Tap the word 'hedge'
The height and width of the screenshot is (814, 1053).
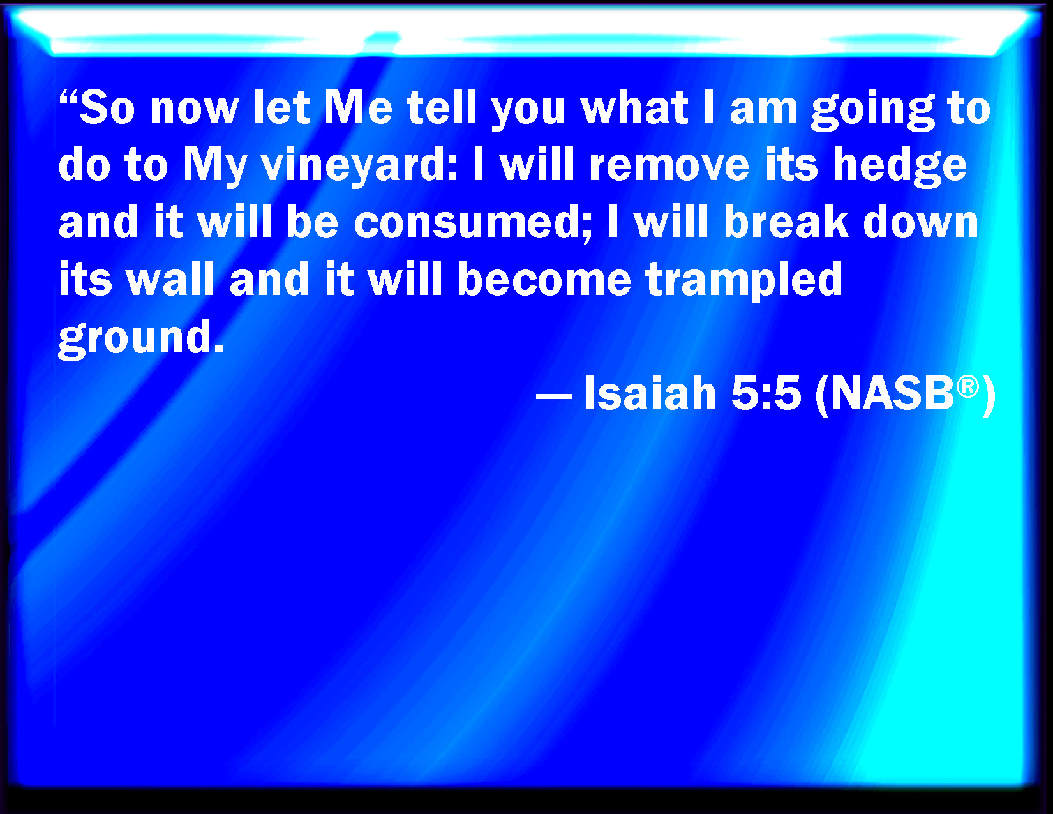[900, 165]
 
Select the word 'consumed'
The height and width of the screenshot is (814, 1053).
[473, 223]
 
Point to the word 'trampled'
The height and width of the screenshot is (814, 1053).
[744, 280]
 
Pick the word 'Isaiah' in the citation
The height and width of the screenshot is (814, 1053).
[650, 393]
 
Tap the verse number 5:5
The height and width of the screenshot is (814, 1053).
[766, 393]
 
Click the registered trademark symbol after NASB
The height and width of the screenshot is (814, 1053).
[967, 386]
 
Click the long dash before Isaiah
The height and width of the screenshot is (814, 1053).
[553, 398]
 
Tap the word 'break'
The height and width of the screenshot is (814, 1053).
[786, 222]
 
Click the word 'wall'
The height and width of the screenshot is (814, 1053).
[170, 279]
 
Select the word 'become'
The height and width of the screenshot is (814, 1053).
[544, 279]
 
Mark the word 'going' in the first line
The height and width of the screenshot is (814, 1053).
[873, 110]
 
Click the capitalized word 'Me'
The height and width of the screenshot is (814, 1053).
[358, 108]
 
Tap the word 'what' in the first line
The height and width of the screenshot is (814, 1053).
[635, 108]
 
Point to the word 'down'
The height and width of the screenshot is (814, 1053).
[921, 222]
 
